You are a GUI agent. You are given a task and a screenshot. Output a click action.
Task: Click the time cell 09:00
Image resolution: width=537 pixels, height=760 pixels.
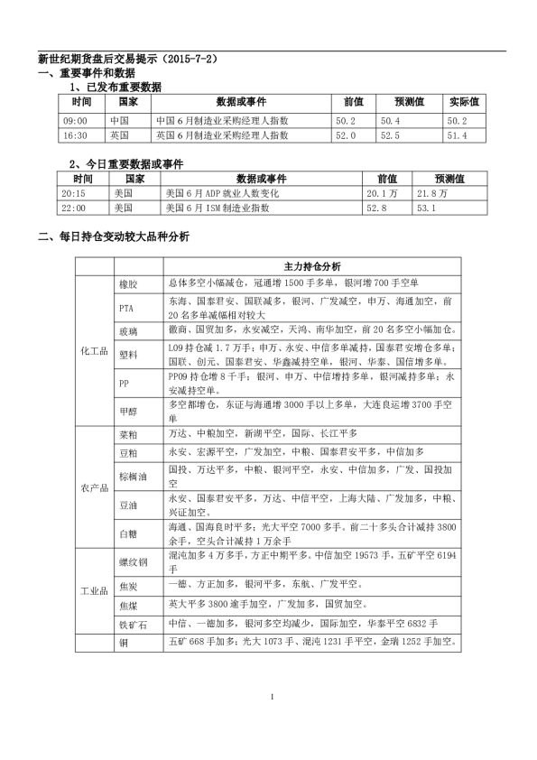(x=75, y=120)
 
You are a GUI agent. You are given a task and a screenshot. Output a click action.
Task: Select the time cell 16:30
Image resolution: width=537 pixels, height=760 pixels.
(x=75, y=135)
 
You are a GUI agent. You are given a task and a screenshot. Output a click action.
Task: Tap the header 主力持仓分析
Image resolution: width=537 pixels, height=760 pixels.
(x=311, y=267)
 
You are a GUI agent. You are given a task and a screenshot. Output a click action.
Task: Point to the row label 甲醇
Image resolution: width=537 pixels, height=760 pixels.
(x=128, y=412)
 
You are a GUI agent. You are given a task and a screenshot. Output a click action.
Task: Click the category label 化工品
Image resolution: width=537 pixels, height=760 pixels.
(x=94, y=348)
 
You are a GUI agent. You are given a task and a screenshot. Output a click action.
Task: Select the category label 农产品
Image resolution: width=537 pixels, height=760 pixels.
(x=94, y=487)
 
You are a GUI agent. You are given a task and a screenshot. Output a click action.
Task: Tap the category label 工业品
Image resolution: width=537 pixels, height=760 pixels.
(x=94, y=592)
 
